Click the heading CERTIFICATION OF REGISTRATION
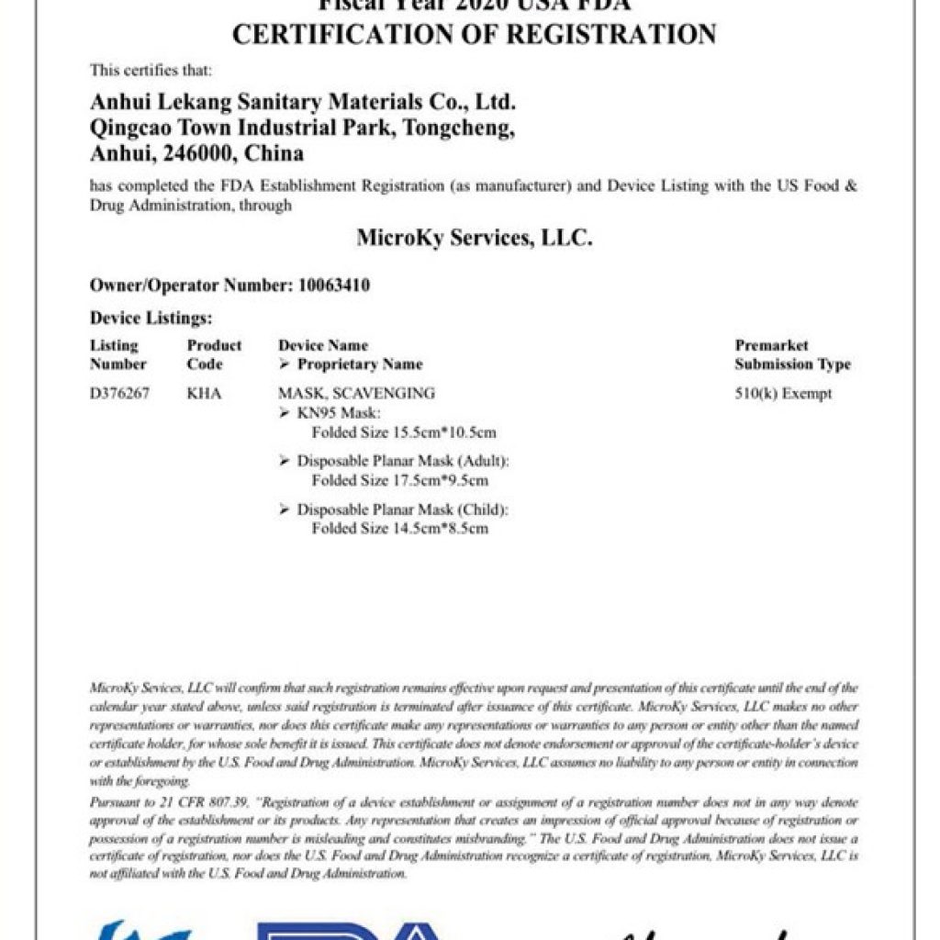[474, 35]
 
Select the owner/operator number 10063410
[334, 285]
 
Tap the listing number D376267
[119, 394]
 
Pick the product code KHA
[204, 394]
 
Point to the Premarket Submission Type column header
[792, 355]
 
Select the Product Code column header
[214, 355]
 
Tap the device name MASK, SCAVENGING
[356, 394]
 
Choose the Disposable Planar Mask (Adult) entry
[402, 461]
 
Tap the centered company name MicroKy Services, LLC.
[474, 239]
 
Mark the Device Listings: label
[151, 319]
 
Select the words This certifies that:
[151, 70]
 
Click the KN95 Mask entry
[332, 413]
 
